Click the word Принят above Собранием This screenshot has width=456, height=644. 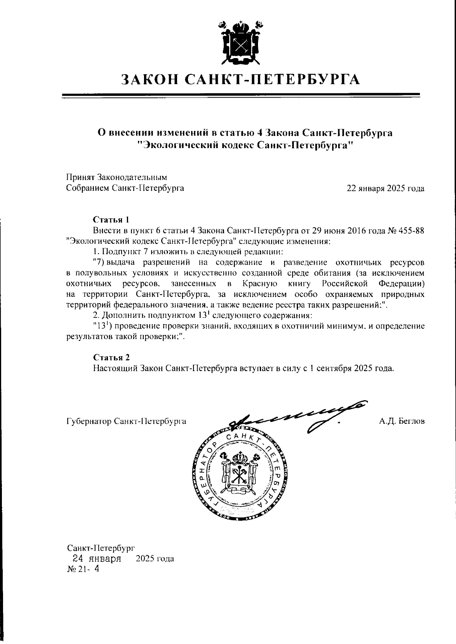tap(81, 177)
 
